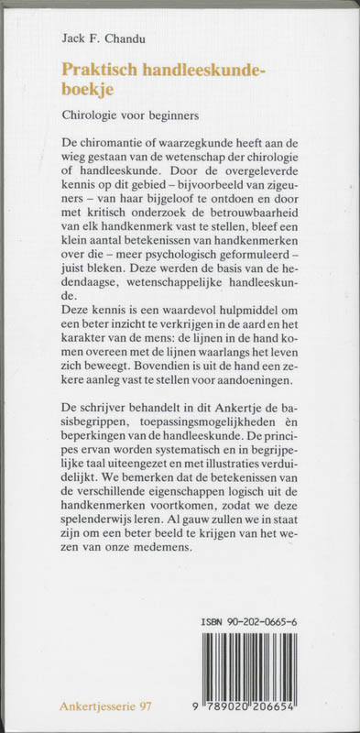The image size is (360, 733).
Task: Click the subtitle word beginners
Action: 170,116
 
